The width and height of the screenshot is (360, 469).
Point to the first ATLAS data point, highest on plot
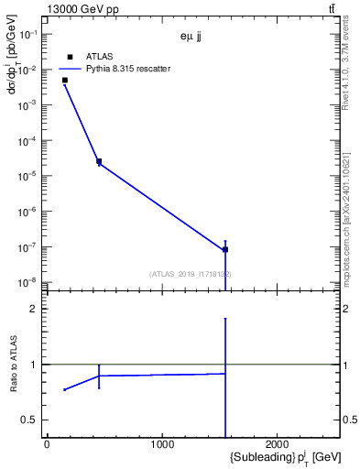[65, 81]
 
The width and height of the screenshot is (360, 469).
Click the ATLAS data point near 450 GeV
[99, 161]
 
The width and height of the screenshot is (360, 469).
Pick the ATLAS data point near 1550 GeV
[225, 249]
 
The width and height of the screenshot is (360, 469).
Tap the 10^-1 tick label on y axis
[28, 34]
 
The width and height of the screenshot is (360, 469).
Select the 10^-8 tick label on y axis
[28, 282]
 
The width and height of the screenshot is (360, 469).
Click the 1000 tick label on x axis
[162, 445]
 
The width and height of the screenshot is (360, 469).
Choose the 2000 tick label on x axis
[278, 445]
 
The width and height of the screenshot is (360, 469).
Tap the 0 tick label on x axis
[47, 445]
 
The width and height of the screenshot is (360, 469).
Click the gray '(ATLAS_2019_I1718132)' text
[191, 274]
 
